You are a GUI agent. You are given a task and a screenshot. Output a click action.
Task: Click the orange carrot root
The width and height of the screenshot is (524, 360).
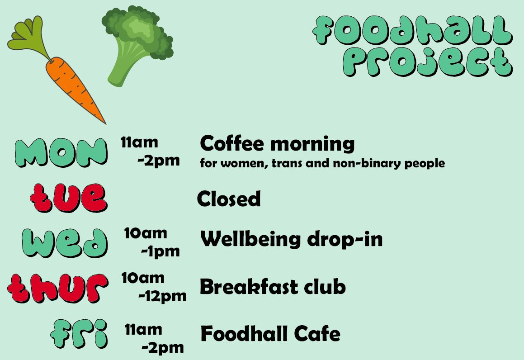pos(75,86)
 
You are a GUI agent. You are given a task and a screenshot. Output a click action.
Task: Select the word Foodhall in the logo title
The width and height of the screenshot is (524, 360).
pos(412,32)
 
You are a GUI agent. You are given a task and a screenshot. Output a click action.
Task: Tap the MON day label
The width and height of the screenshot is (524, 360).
pos(61,152)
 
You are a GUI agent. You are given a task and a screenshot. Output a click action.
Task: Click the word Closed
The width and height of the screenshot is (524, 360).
pos(229,199)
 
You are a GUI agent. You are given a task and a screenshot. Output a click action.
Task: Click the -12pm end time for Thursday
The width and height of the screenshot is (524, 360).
pos(162,297)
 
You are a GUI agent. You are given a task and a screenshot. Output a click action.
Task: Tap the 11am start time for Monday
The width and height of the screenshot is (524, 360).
pos(139,142)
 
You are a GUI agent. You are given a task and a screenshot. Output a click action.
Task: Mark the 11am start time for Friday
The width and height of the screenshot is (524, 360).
pos(143,330)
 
